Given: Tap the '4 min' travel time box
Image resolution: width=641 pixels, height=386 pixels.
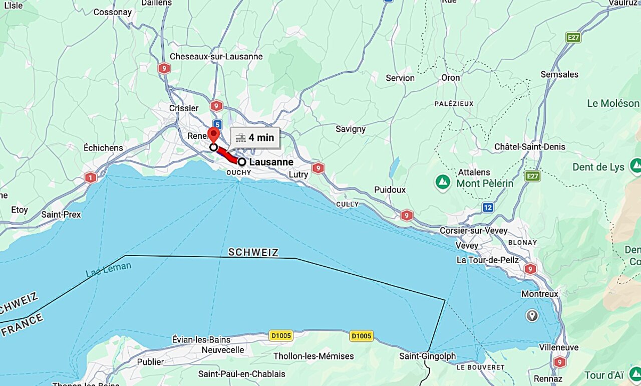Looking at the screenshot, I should [x=255, y=138].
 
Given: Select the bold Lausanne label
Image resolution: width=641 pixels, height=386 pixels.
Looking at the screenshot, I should [x=271, y=162].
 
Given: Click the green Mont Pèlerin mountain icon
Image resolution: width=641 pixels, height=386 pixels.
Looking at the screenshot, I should [x=443, y=182].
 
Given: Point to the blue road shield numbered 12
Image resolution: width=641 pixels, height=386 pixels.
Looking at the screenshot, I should [x=487, y=207].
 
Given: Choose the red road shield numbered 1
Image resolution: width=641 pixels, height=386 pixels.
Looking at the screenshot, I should [x=91, y=177].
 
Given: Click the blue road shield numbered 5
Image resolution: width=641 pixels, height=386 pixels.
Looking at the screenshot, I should [x=217, y=124].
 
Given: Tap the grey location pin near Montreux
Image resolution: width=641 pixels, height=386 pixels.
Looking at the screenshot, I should [x=532, y=315].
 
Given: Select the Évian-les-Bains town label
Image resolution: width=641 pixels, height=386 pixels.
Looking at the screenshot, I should [x=201, y=339].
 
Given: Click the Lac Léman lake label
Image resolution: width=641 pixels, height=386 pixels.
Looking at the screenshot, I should [x=108, y=269].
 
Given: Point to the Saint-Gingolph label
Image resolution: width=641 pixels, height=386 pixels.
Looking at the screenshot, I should [x=427, y=356].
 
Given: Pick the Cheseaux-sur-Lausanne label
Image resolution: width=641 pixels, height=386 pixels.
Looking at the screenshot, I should [x=216, y=56].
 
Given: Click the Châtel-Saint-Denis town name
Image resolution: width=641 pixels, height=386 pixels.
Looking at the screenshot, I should [x=529, y=147].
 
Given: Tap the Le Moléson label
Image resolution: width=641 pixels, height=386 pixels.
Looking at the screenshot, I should [x=613, y=103].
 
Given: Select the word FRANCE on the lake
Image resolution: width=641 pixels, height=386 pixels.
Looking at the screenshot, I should [x=22, y=325].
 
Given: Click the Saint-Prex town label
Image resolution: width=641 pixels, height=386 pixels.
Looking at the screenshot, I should [x=61, y=215].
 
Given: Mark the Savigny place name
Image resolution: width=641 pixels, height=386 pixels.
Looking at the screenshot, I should [x=351, y=129].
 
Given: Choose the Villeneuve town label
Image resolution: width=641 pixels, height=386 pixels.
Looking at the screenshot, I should [x=558, y=347].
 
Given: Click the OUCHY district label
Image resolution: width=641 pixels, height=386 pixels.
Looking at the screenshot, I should [x=239, y=172].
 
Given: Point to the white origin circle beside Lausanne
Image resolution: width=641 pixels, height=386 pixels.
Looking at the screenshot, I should [x=242, y=162].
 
